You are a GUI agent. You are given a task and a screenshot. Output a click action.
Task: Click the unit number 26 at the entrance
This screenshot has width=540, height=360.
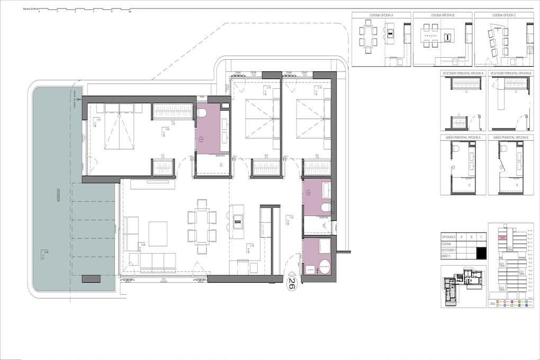pos(291,284)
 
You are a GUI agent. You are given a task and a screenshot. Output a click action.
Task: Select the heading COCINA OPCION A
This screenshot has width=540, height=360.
pos(381,15)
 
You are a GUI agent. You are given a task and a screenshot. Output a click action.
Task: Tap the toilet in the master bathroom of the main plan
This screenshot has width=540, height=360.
pos(202,113)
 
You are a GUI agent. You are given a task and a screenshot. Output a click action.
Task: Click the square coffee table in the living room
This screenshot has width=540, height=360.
pos(158,233)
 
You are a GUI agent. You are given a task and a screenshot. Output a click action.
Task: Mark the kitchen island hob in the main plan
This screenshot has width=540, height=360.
pos(238,218)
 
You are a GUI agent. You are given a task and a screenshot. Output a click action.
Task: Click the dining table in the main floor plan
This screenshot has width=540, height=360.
pos(202,226)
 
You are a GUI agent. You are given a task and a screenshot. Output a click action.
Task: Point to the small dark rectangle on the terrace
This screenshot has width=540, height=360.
pos(91,278)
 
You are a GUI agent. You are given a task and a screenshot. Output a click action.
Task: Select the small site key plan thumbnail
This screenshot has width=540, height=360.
pos(463,285)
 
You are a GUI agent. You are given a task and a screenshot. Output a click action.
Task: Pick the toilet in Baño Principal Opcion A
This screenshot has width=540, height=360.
pos(455,149)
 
